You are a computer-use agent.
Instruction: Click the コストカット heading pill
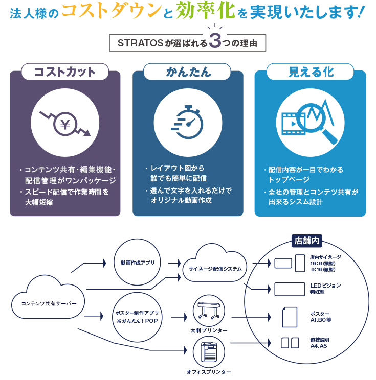pyautogui.click(x=65, y=72)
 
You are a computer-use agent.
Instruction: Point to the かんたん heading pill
pyautogui.click(x=188, y=72)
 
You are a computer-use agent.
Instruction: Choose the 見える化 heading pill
pyautogui.click(x=311, y=72)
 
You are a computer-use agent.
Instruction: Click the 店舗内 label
pyautogui.click(x=306, y=240)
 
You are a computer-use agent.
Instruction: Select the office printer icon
pyautogui.click(x=209, y=353)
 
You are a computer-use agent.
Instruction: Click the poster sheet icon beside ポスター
pyautogui.click(x=289, y=316)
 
